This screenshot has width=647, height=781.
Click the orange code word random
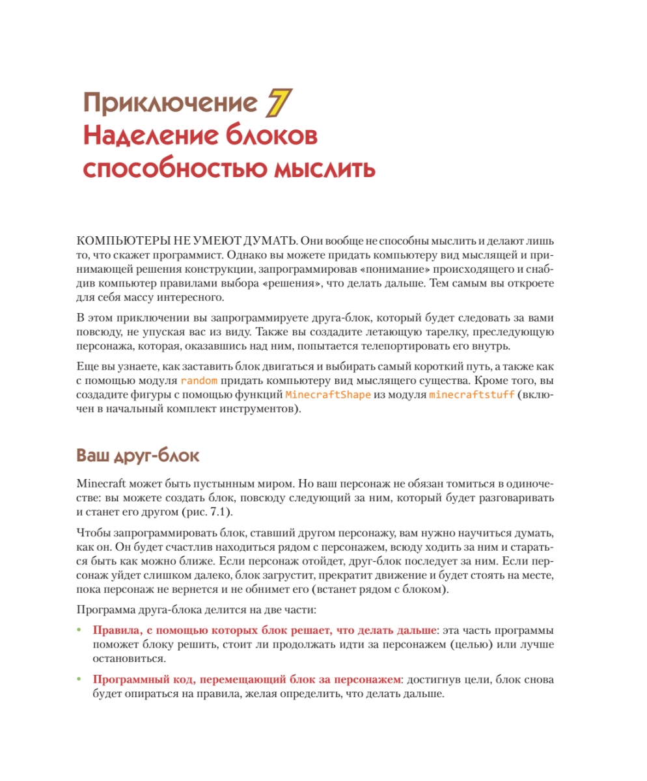point(199,380)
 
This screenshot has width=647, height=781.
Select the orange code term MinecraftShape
point(329,395)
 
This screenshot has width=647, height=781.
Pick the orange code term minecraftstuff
point(472,395)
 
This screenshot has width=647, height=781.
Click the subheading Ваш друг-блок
point(137,455)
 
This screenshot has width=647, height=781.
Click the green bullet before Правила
point(80,631)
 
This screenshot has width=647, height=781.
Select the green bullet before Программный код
point(80,679)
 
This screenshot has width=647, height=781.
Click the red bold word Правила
point(117,631)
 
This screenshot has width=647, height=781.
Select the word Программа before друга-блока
point(105,610)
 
